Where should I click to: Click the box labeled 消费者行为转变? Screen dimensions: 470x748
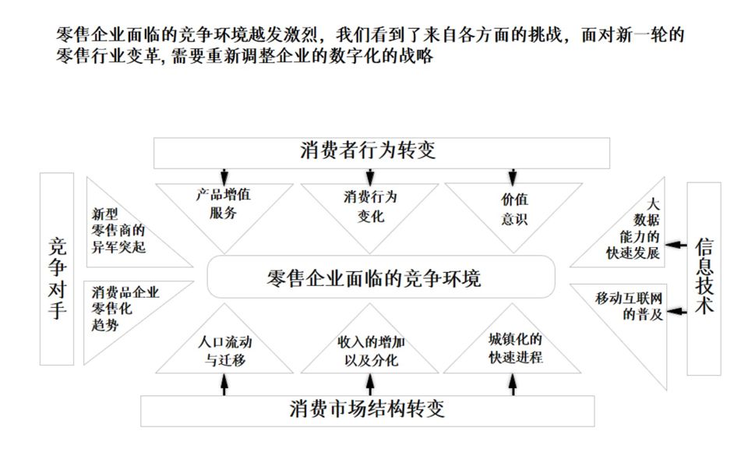(380, 152)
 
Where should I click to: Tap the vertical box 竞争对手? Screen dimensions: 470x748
(57, 269)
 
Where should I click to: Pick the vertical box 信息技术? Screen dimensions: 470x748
(704, 278)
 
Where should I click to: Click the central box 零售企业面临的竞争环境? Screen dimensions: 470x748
(380, 277)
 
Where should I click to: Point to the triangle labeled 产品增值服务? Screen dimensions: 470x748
(224, 207)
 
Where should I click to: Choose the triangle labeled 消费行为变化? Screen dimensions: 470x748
(369, 207)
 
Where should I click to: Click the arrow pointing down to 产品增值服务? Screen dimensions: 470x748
(224, 175)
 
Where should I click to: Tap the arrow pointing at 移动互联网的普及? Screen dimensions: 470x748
(677, 311)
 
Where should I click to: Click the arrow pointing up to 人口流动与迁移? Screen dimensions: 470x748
(224, 384)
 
